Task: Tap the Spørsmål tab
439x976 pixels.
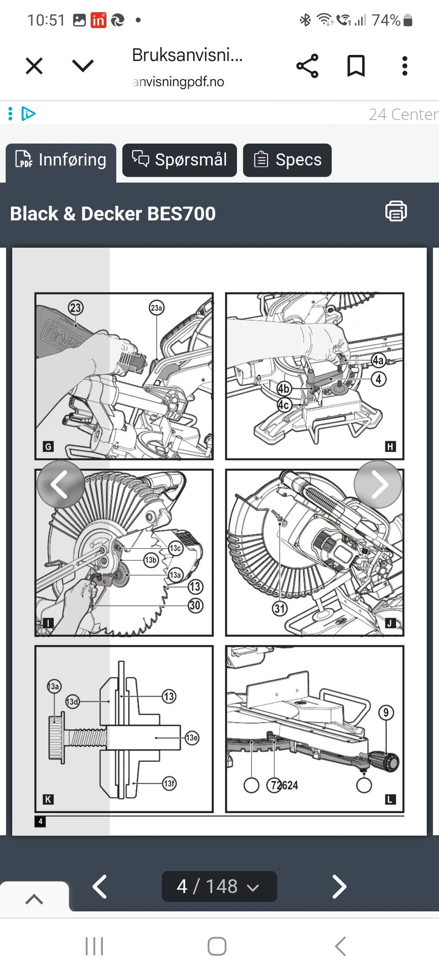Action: pyautogui.click(x=179, y=160)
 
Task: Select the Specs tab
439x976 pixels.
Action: pyautogui.click(x=287, y=160)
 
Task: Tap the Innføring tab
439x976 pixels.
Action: pyautogui.click(x=61, y=160)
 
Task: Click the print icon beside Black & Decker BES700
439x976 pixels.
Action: pyautogui.click(x=396, y=211)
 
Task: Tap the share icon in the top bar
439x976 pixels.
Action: pyautogui.click(x=307, y=66)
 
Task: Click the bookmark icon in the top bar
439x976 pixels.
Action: pyautogui.click(x=356, y=66)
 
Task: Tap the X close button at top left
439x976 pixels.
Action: pyautogui.click(x=34, y=66)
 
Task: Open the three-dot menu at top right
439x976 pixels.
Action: pyautogui.click(x=405, y=66)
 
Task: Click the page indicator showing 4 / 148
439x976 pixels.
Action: pyautogui.click(x=219, y=886)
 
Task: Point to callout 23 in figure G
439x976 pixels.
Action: pyautogui.click(x=75, y=307)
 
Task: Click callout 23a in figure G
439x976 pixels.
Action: pyautogui.click(x=156, y=307)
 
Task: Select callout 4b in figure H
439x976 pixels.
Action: pyautogui.click(x=284, y=388)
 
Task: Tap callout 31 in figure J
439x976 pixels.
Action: pyautogui.click(x=280, y=609)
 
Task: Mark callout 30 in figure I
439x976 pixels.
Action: pyautogui.click(x=195, y=605)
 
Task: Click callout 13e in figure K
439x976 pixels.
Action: pyautogui.click(x=192, y=737)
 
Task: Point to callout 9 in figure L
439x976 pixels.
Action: pyautogui.click(x=386, y=712)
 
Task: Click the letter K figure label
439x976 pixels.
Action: pyautogui.click(x=48, y=799)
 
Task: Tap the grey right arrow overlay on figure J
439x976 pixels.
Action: pyautogui.click(x=378, y=484)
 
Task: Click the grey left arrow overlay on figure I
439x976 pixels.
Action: pyautogui.click(x=60, y=484)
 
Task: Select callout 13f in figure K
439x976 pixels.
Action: pyautogui.click(x=169, y=783)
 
